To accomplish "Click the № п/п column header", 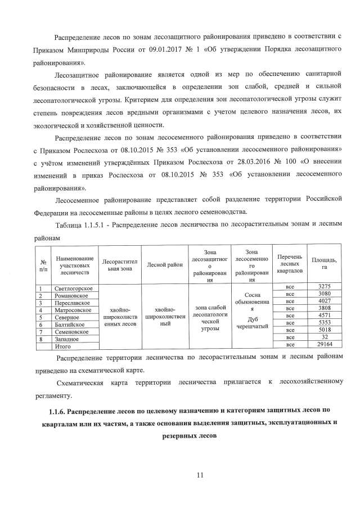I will pos(43,265).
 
